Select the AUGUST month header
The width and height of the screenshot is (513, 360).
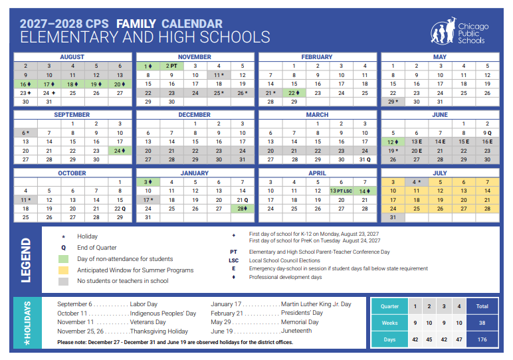[72, 57]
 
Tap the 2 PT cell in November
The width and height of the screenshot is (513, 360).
[171, 66]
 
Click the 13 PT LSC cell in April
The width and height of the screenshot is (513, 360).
[341, 191]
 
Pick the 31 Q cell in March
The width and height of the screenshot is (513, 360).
[364, 159]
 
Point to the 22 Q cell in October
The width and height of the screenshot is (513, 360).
[120, 209]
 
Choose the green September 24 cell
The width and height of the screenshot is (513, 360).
[120, 151]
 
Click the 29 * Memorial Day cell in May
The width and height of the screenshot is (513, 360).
[393, 102]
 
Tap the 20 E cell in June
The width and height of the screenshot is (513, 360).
[416, 151]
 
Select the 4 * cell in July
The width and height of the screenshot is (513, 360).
[416, 182]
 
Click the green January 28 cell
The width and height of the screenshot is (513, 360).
[242, 209]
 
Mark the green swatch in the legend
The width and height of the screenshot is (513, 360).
[63, 259]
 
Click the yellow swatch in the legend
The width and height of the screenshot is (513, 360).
[63, 270]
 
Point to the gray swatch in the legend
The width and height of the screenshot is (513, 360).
[63, 281]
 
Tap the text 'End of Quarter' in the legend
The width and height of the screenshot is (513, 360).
[97, 248]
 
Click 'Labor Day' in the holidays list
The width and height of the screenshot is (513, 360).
[143, 304]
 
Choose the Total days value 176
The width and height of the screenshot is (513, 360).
[482, 339]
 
